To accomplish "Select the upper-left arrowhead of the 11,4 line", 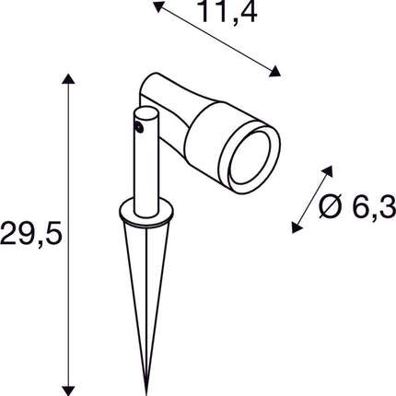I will coord(157,7).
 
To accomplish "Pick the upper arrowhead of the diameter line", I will coord(329,171).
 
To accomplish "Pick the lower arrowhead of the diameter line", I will coord(296,227).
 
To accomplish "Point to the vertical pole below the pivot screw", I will coord(146,175).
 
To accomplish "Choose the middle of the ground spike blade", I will coord(146,295).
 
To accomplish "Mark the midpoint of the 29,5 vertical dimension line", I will coord(66,232).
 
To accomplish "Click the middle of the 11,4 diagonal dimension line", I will coord(215,41).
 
